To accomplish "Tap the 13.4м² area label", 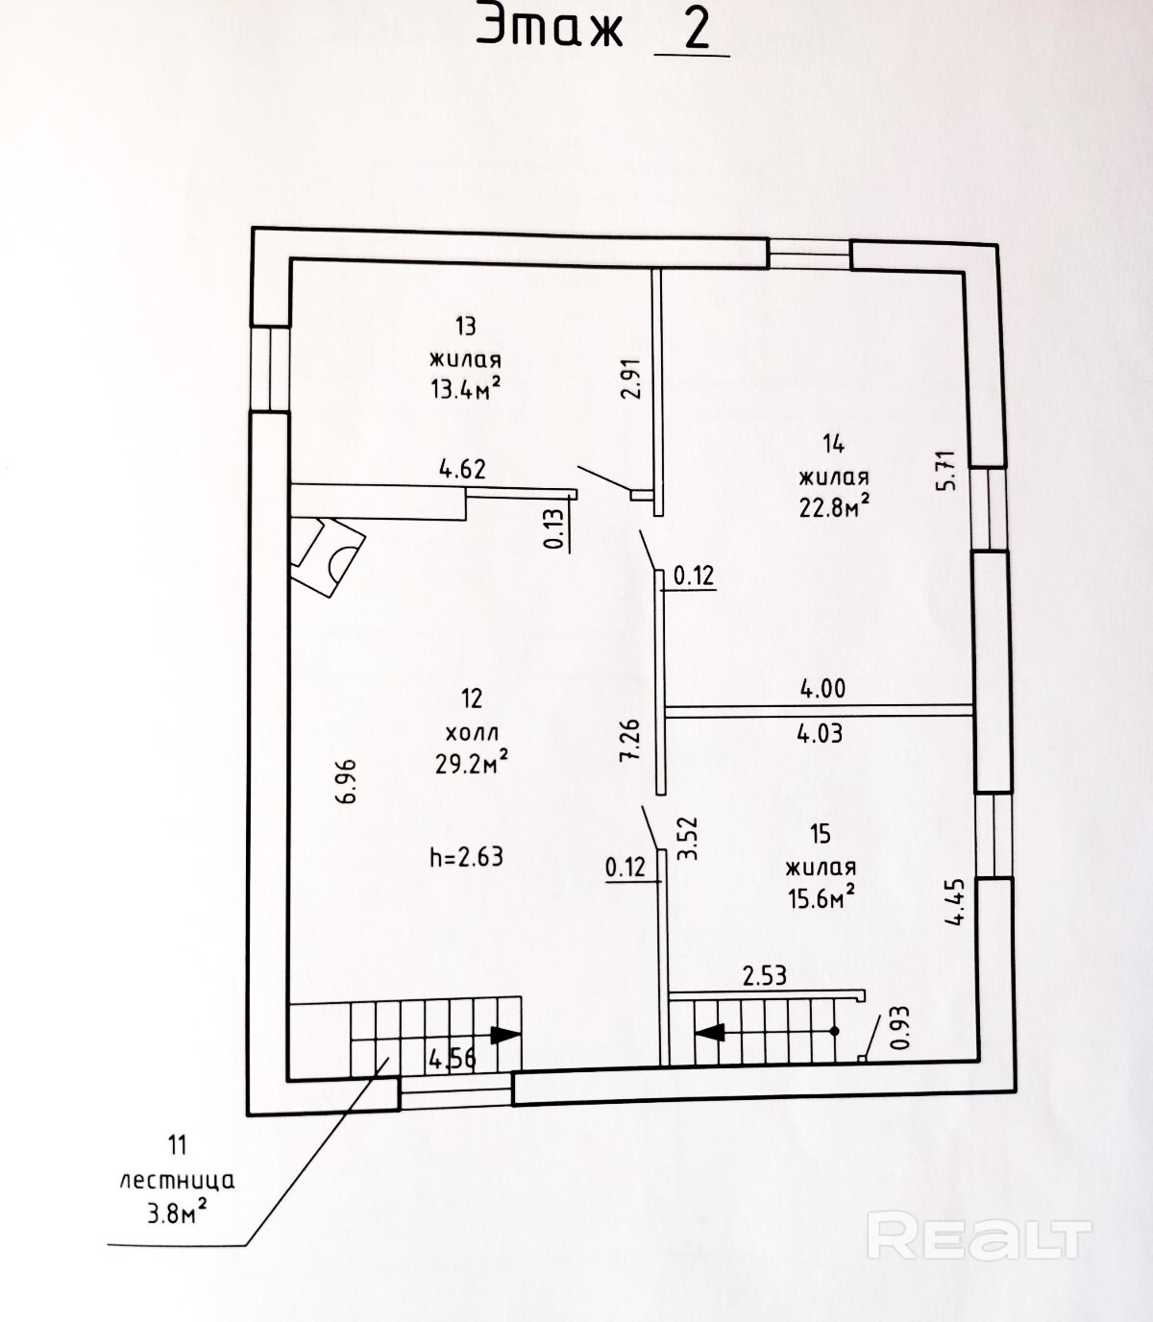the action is [466, 388].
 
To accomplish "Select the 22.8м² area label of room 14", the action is [834, 507].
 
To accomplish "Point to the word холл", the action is [472, 733].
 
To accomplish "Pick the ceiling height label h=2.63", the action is [466, 857].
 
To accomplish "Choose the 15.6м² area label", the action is [821, 896].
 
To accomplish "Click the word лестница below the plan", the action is [177, 1181].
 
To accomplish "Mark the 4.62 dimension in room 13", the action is [462, 469].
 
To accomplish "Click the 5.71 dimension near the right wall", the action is [948, 470].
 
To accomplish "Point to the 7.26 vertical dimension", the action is [629, 739].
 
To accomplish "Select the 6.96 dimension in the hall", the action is [346, 780].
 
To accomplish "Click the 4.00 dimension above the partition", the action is [822, 688].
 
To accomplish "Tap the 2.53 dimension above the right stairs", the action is [764, 976].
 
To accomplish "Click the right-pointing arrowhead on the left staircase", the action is [505, 1035].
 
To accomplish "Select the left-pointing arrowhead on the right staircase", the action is [709, 1032].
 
